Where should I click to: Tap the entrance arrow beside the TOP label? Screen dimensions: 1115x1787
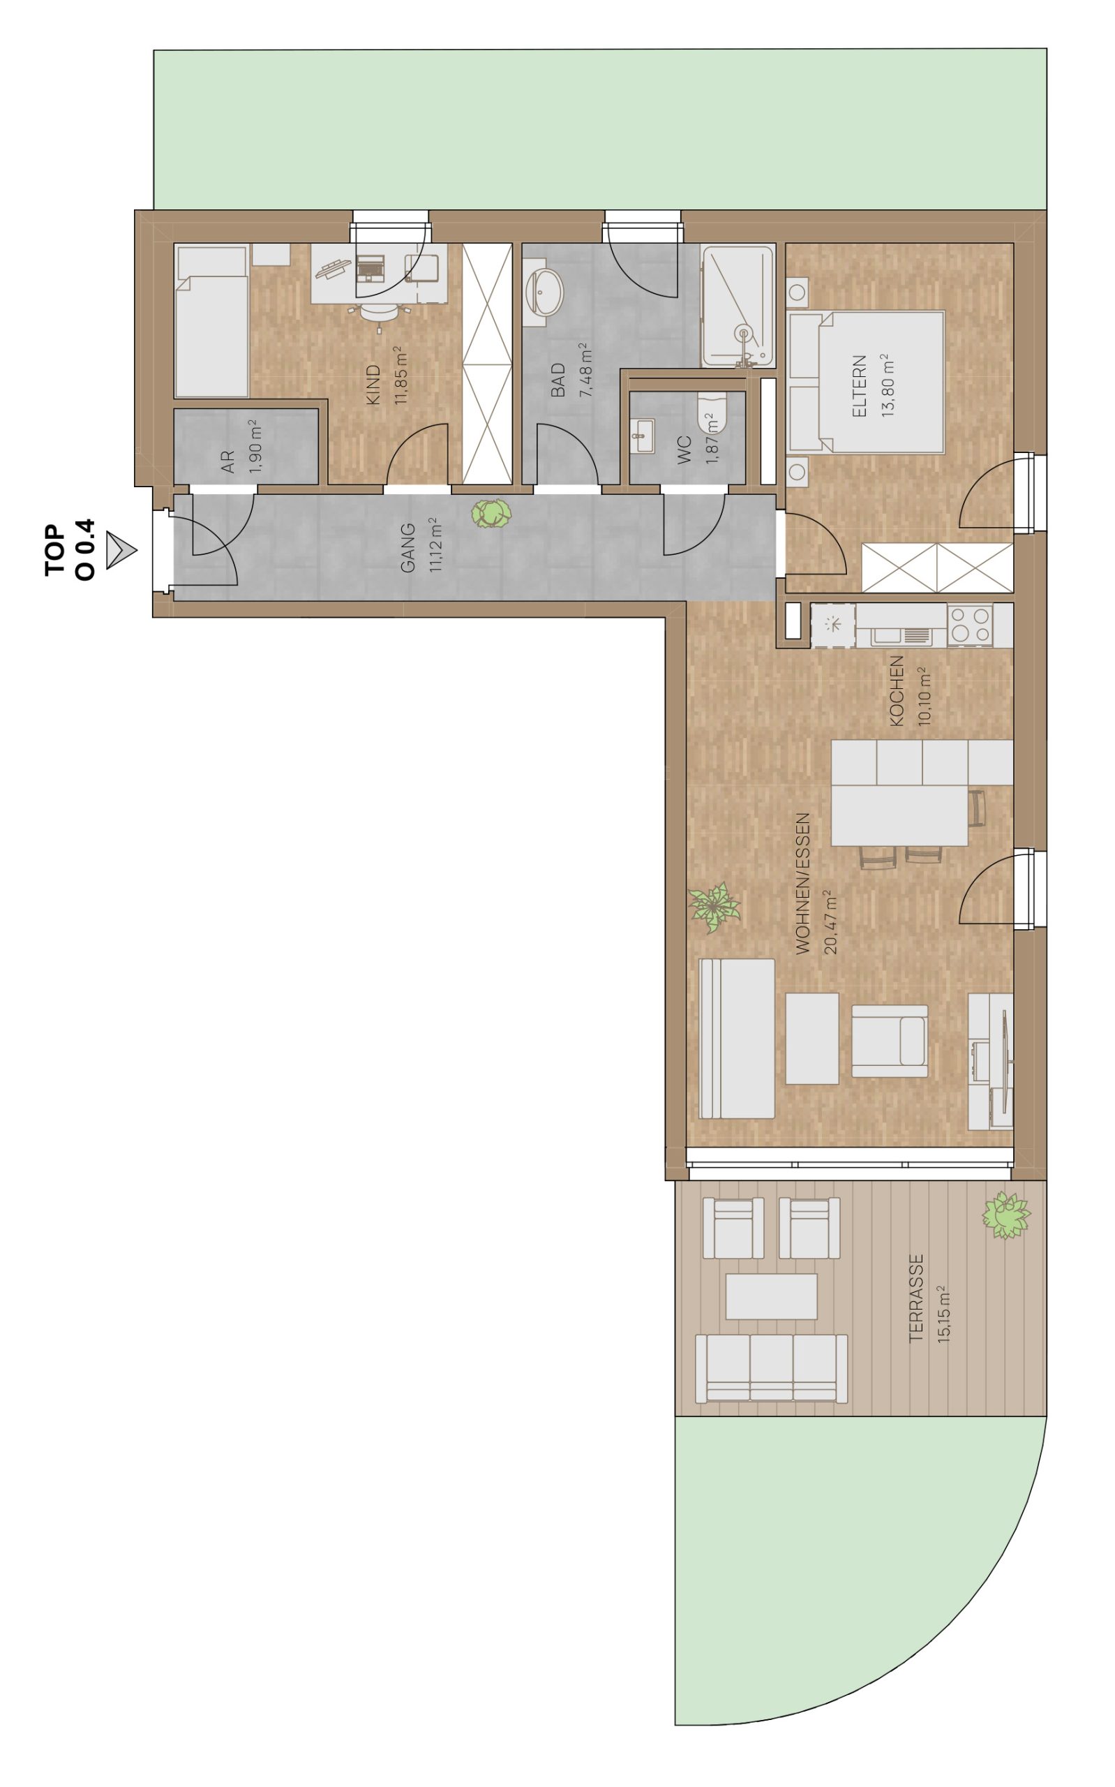click(x=121, y=549)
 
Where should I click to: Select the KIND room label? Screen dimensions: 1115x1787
click(x=374, y=384)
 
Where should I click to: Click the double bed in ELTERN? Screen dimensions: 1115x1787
click(x=867, y=382)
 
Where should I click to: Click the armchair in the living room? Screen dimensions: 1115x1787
click(x=890, y=1041)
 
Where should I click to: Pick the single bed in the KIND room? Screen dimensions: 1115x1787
click(x=211, y=322)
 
